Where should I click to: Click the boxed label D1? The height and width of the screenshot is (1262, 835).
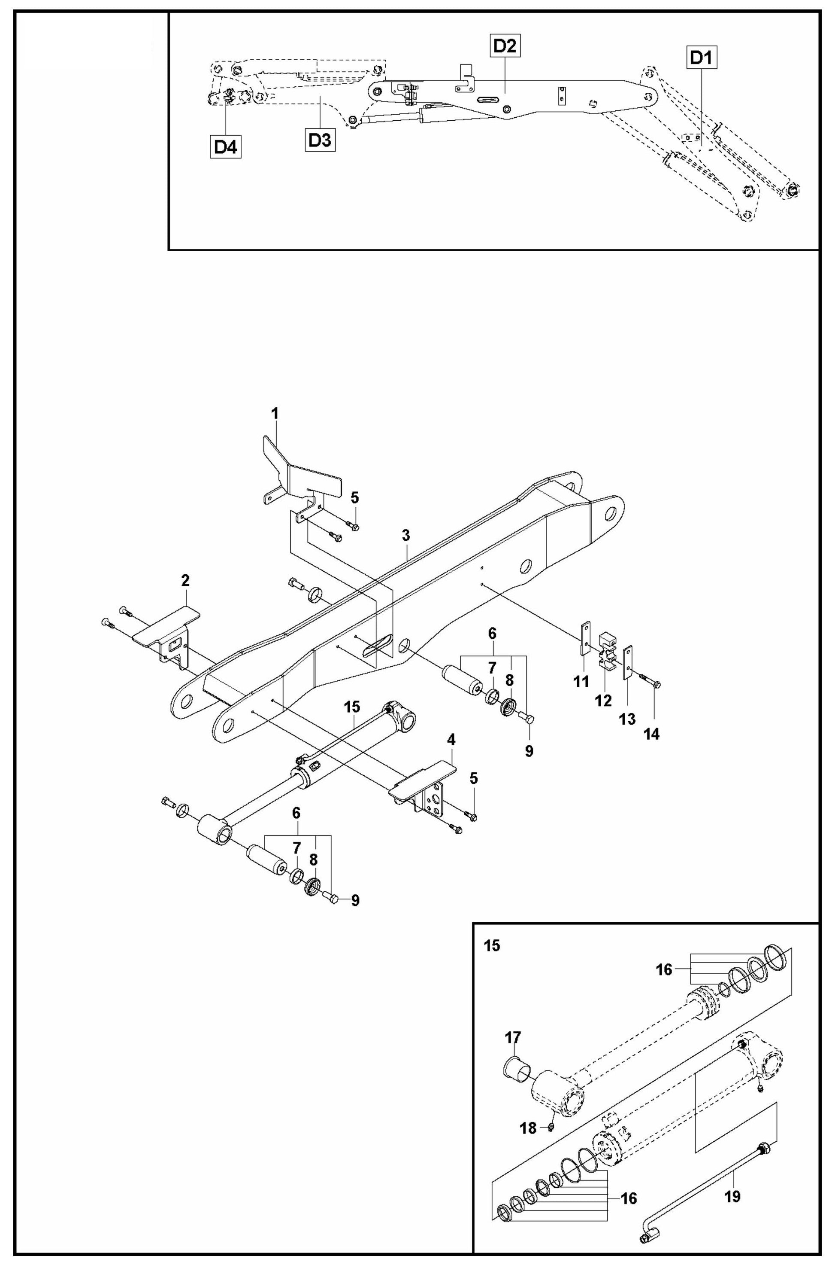click(700, 58)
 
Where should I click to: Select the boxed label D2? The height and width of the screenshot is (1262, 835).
click(505, 46)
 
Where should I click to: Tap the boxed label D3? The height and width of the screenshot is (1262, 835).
click(320, 141)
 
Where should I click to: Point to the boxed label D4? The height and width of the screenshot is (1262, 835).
click(225, 146)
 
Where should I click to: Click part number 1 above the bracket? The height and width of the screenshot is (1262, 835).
click(275, 414)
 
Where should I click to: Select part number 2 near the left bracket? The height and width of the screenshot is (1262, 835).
click(185, 580)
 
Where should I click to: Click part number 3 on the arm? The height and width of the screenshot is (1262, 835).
click(406, 536)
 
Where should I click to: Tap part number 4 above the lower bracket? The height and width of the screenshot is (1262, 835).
click(451, 740)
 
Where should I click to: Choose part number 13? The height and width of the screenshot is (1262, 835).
click(627, 719)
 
